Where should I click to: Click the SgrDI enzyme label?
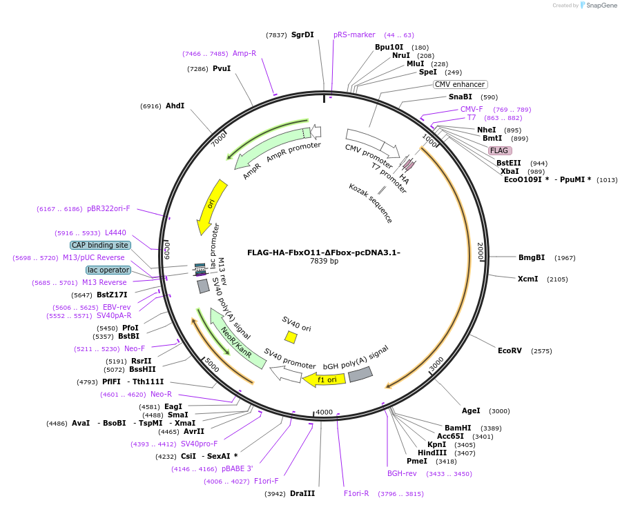(x=302, y=34)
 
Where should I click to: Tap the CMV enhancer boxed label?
(x=460, y=84)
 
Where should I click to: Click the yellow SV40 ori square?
(x=291, y=337)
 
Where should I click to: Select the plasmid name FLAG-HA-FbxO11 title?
(x=323, y=252)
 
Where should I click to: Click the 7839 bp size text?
(x=324, y=261)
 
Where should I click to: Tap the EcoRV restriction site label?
(x=515, y=350)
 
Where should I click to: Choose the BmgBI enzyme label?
(x=532, y=257)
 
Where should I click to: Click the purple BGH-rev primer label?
(x=402, y=473)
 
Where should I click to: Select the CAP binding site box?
(x=100, y=245)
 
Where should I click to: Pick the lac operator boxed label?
(x=108, y=270)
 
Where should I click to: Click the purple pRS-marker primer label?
(x=354, y=34)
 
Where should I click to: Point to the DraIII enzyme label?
(x=302, y=493)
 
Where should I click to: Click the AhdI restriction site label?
(x=175, y=106)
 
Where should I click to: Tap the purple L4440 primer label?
(x=115, y=232)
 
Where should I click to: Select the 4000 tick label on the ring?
(x=324, y=412)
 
